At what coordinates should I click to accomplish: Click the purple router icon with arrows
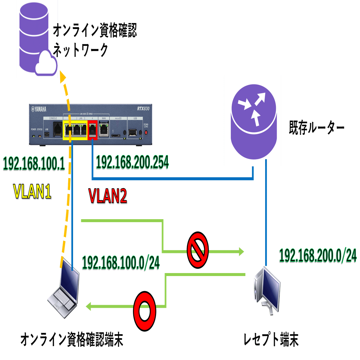click(x=252, y=120)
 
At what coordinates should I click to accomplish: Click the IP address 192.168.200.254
click(x=132, y=162)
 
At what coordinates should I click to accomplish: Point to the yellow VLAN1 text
click(x=32, y=191)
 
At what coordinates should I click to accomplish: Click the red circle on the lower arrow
click(x=144, y=306)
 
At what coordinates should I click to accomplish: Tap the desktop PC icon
click(x=267, y=290)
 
